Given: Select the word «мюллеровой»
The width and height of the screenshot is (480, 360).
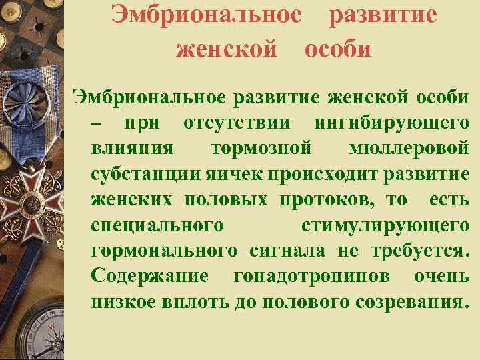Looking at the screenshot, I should (x=408, y=149).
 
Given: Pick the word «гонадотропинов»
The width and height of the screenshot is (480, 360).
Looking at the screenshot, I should (x=316, y=275).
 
